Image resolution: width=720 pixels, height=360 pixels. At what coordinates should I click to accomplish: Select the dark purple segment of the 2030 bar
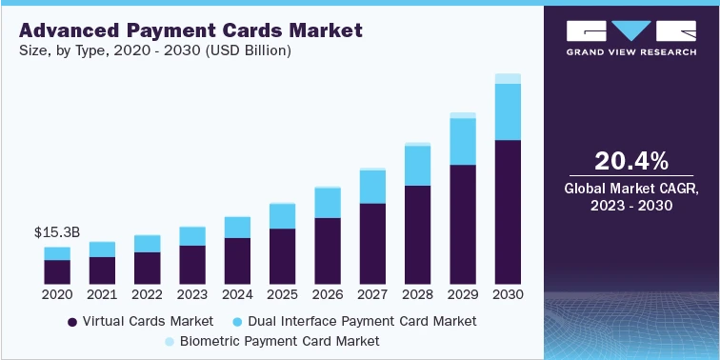508,211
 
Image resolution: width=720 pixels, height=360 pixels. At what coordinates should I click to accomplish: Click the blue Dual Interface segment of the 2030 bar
508,111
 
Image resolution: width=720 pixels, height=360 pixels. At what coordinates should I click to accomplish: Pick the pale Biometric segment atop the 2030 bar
508,78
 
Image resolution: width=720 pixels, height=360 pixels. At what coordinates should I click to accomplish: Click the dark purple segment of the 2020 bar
57,272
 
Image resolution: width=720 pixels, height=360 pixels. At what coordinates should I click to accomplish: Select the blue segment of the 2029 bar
462,141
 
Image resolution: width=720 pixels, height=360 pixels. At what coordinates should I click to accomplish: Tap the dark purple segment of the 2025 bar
282,256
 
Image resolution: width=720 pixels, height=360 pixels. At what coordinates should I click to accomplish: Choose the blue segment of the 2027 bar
372,187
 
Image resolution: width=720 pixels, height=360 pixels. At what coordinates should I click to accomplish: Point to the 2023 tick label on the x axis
192,295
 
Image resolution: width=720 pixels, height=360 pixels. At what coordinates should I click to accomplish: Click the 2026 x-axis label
328,295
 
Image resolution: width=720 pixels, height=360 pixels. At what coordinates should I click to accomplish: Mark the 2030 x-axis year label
508,295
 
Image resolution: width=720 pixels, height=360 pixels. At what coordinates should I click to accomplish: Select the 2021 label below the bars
102,295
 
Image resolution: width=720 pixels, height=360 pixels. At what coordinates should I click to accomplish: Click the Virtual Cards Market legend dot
72,322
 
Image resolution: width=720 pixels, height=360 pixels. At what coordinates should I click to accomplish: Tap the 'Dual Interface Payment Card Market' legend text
372,321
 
